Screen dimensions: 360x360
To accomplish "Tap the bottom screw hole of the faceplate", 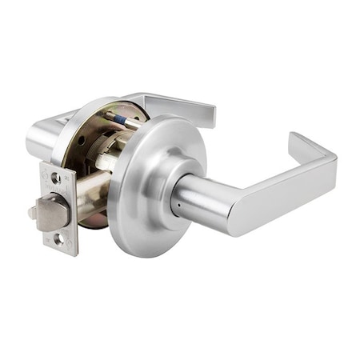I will (x=58, y=238).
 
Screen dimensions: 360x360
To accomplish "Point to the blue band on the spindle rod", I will (x=119, y=123).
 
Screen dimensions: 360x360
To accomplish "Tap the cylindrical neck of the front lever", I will (x=200, y=200).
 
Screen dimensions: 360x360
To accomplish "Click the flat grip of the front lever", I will (x=280, y=196).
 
